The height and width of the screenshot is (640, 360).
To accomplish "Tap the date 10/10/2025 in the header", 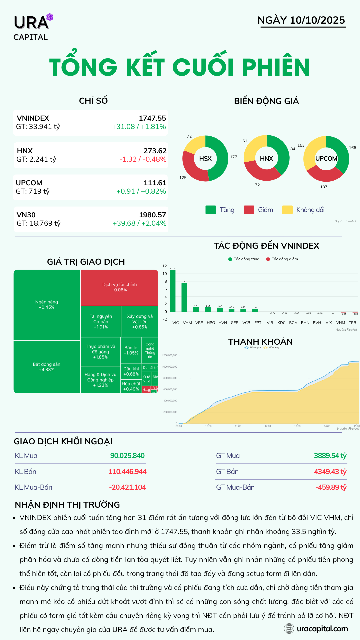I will click(317, 20).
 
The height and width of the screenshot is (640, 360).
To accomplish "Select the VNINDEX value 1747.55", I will click(152, 118).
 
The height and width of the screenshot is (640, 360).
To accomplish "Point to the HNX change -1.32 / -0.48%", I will click(143, 159).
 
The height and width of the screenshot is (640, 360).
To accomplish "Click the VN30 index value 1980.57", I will click(152, 215).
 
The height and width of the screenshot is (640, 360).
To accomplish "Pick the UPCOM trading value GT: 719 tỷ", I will click(33, 191).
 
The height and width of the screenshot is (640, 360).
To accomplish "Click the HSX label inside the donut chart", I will click(205, 159).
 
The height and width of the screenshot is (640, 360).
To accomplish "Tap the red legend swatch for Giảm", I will click(249, 210).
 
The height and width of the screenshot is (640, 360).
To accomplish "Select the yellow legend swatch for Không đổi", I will click(287, 210).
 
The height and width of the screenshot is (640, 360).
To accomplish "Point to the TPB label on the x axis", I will click(352, 323).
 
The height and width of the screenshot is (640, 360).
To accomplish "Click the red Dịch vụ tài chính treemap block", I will click(119, 287).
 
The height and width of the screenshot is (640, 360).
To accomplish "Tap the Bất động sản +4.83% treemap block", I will click(47, 367).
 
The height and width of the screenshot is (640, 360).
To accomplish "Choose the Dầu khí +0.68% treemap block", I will click(131, 371).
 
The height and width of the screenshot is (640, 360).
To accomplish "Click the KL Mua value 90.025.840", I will click(127, 456).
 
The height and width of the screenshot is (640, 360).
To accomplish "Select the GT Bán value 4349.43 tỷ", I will click(330, 472).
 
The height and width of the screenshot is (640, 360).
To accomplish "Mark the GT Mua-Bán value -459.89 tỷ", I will click(331, 487).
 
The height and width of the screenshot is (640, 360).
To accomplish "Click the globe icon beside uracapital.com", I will click(289, 629).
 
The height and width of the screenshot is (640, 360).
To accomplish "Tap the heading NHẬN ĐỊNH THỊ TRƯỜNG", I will click(67, 505).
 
